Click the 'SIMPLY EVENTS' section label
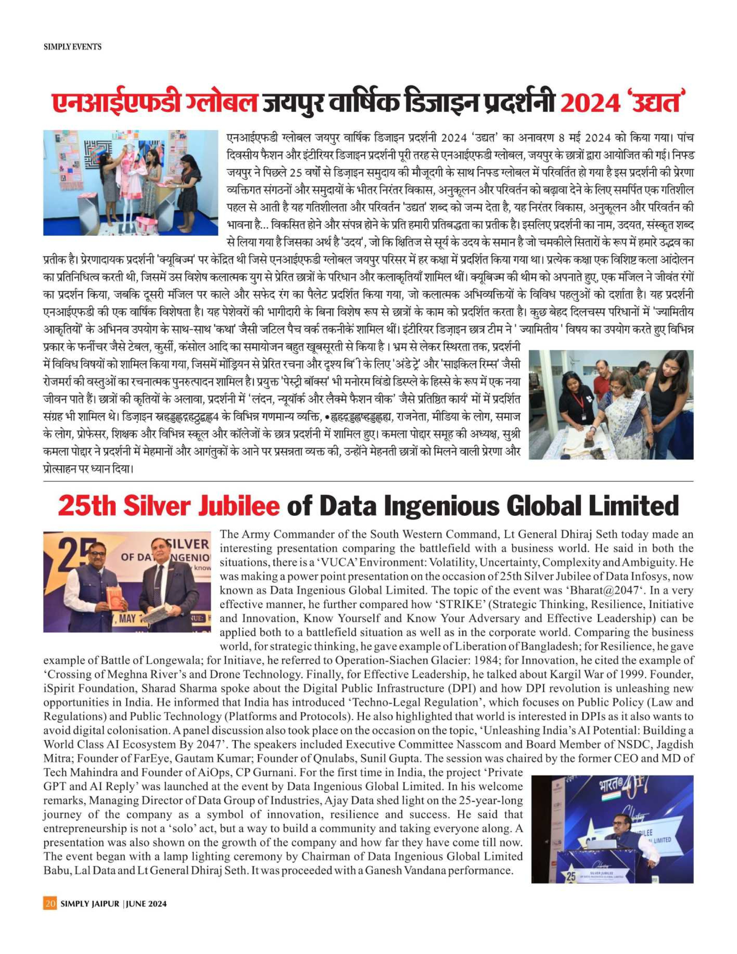(73, 47)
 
